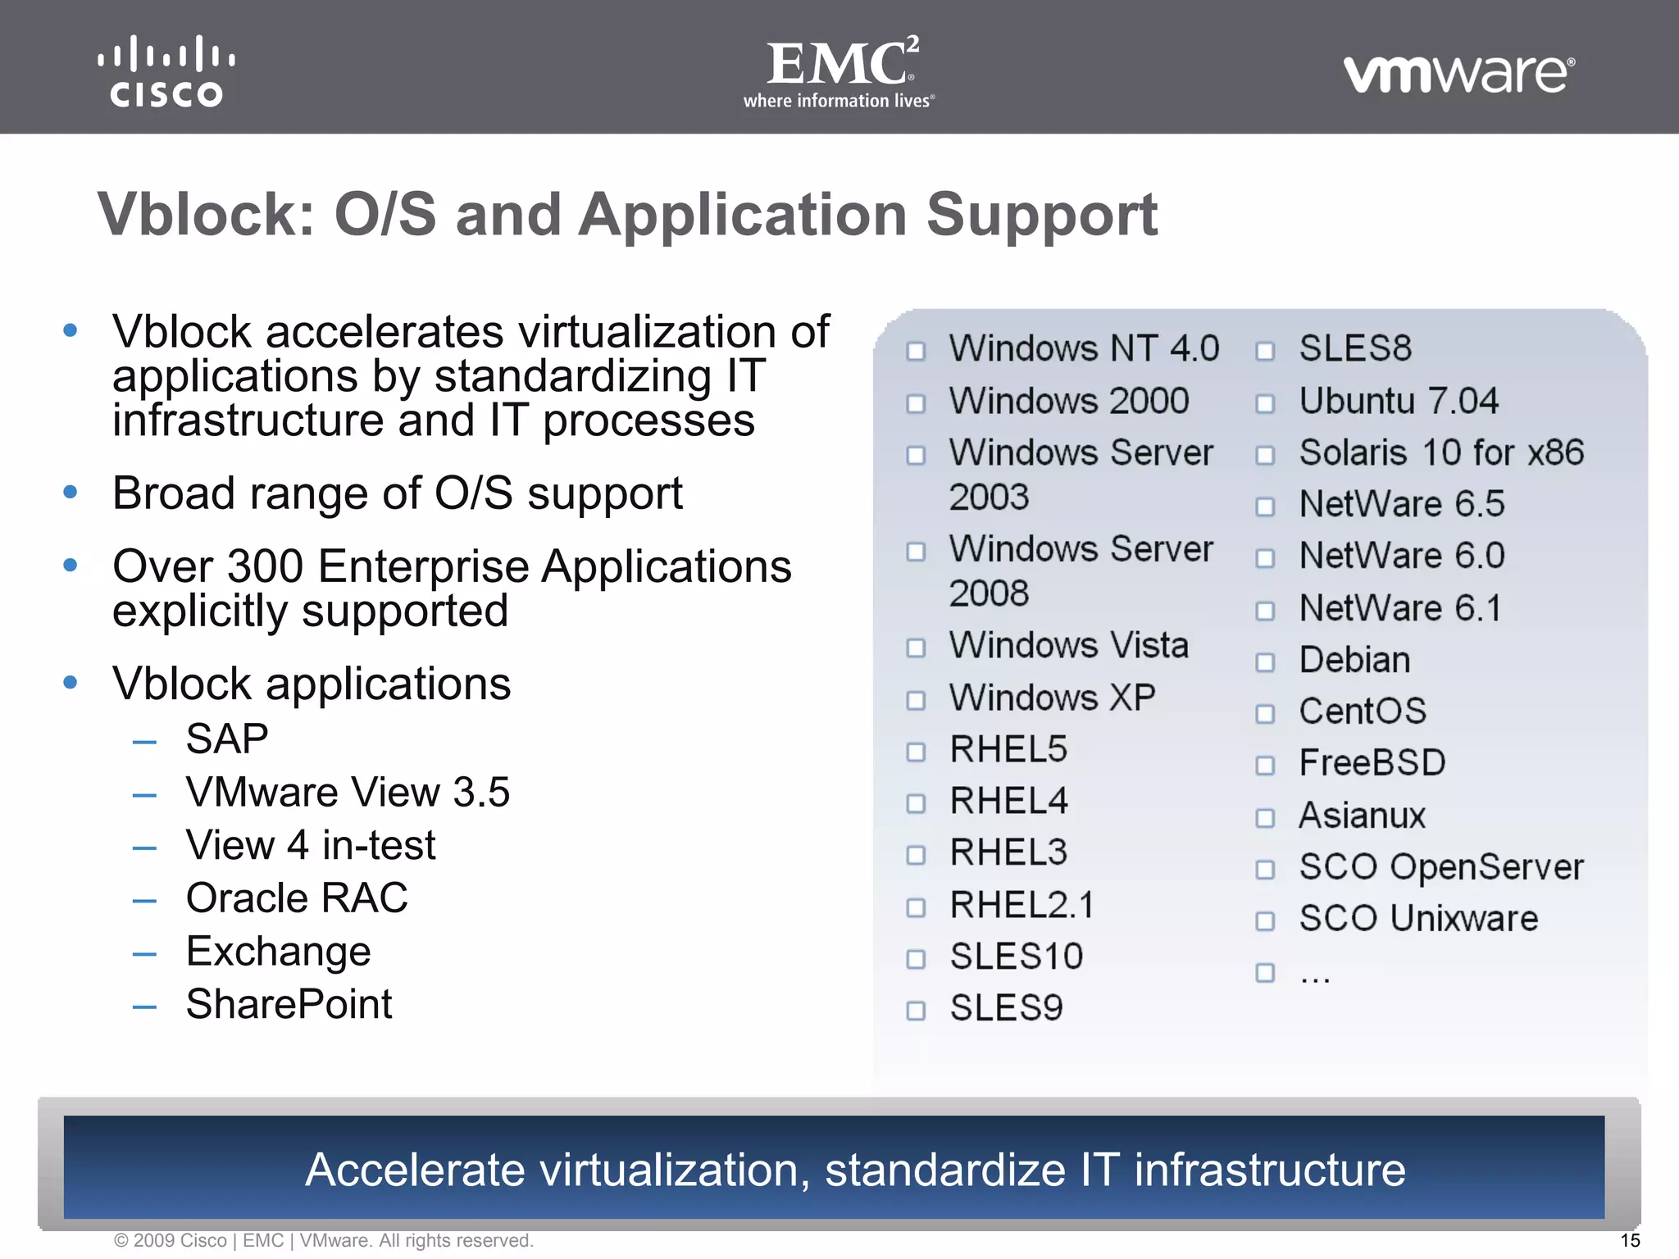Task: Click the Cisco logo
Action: point(166,71)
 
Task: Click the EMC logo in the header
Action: point(839,71)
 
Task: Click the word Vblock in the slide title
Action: point(205,215)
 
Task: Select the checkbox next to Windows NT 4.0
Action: point(916,352)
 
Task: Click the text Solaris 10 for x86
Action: point(1441,452)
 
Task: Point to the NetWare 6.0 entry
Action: point(1402,556)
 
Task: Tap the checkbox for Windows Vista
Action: point(916,648)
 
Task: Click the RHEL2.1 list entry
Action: point(1022,906)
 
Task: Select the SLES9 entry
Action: point(1006,1008)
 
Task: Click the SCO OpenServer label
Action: point(1441,867)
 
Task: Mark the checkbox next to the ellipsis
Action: point(1265,973)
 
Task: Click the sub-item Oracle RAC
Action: point(297,898)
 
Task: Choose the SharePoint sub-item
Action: point(289,1004)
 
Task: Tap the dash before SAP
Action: point(144,743)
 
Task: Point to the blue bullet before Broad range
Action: point(71,492)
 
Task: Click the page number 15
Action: point(1630,1240)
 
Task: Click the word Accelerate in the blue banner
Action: point(415,1170)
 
